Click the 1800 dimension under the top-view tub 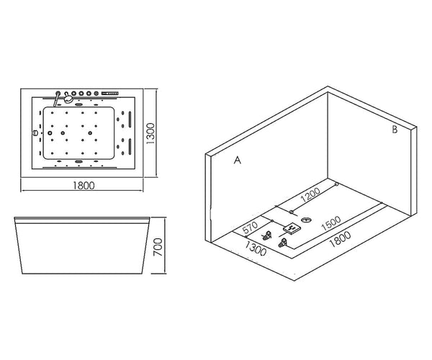coord(84,185)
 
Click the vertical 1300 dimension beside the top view coord(150,134)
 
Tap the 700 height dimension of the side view coord(158,248)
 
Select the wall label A coord(237,160)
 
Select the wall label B coord(395,130)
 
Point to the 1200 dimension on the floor coord(310,194)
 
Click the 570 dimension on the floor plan coord(250,227)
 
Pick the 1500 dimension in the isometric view coord(331,223)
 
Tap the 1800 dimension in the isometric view coord(341,239)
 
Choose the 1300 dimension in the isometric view coord(256,248)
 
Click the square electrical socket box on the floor coord(292,228)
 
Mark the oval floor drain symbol coord(307,220)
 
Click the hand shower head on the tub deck coord(68,98)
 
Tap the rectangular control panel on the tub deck coord(110,94)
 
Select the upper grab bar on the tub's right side coord(130,120)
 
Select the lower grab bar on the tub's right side coord(130,146)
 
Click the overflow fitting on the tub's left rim coord(35,133)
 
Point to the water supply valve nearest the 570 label coord(266,236)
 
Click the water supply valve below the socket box coord(283,243)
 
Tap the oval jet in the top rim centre coord(78,104)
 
